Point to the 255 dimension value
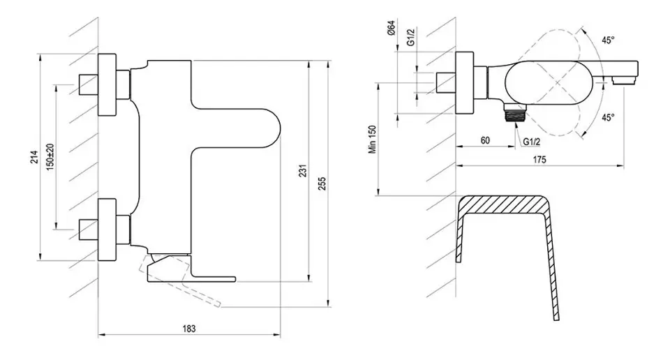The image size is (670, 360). (321, 173)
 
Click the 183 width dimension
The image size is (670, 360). (189, 328)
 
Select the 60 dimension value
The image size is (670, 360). (485, 141)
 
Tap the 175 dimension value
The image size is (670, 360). (539, 160)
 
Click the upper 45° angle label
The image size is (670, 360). (608, 40)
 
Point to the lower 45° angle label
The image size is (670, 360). (609, 117)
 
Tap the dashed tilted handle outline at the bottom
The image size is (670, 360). (188, 283)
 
